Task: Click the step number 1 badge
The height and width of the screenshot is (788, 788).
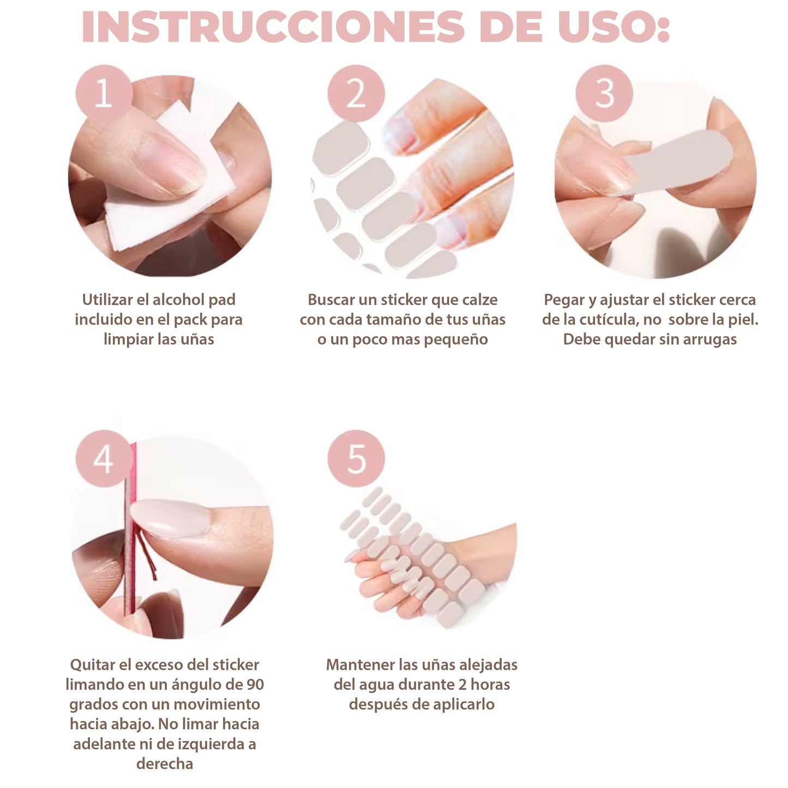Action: point(104,93)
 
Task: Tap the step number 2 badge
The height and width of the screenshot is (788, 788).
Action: point(356,93)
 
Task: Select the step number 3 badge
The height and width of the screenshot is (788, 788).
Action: point(604,93)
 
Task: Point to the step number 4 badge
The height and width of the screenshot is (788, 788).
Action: point(104,459)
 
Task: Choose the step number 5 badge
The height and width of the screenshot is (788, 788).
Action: point(356,459)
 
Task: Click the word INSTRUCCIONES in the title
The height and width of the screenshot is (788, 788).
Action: point(273,27)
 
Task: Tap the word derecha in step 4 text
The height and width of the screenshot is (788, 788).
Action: point(165,763)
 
